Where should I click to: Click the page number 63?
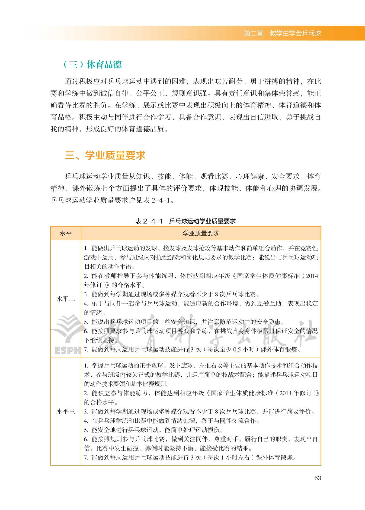(318, 478)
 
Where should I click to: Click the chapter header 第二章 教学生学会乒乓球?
(282, 33)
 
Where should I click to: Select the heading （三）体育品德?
(92, 64)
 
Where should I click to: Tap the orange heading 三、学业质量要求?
(105, 155)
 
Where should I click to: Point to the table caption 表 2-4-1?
(149, 221)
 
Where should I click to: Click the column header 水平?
(66, 233)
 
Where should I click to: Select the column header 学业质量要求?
(201, 233)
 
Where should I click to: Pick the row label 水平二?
(66, 299)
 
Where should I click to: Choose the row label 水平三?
(66, 412)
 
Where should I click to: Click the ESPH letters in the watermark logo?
(68, 350)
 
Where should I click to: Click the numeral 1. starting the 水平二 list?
(86, 248)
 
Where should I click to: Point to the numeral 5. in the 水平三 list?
(86, 430)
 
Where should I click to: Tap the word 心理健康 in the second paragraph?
(250, 176)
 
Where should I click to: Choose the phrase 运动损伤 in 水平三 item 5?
(211, 430)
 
